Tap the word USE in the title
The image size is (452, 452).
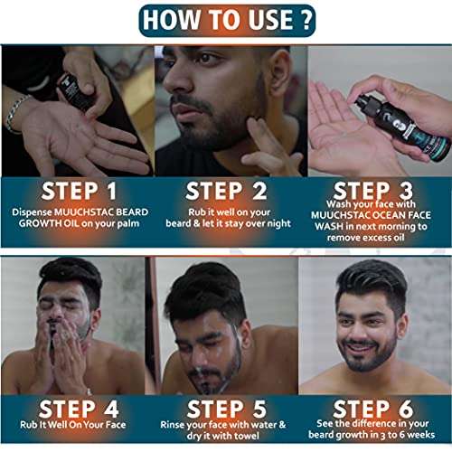click(271, 20)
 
